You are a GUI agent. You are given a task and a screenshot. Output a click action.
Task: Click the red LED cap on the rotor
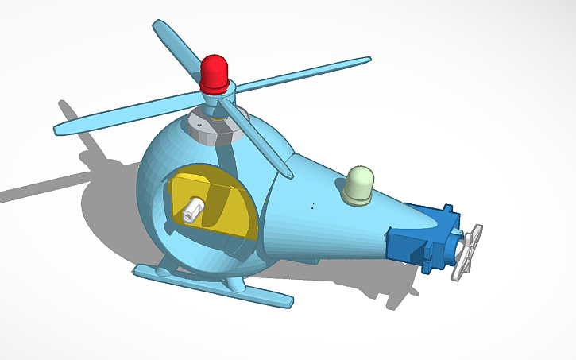[x=215, y=72]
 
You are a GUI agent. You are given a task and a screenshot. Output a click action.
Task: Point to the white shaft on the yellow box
[x=191, y=211]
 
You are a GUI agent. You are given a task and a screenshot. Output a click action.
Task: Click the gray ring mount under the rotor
[x=210, y=127]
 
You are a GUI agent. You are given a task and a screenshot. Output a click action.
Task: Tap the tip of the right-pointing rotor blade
[x=365, y=60]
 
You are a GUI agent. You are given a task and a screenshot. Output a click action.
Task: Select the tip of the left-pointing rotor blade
[x=60, y=127]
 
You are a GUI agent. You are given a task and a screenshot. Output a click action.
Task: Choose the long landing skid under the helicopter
[x=215, y=287]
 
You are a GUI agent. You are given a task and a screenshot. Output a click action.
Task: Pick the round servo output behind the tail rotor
[x=458, y=246]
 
